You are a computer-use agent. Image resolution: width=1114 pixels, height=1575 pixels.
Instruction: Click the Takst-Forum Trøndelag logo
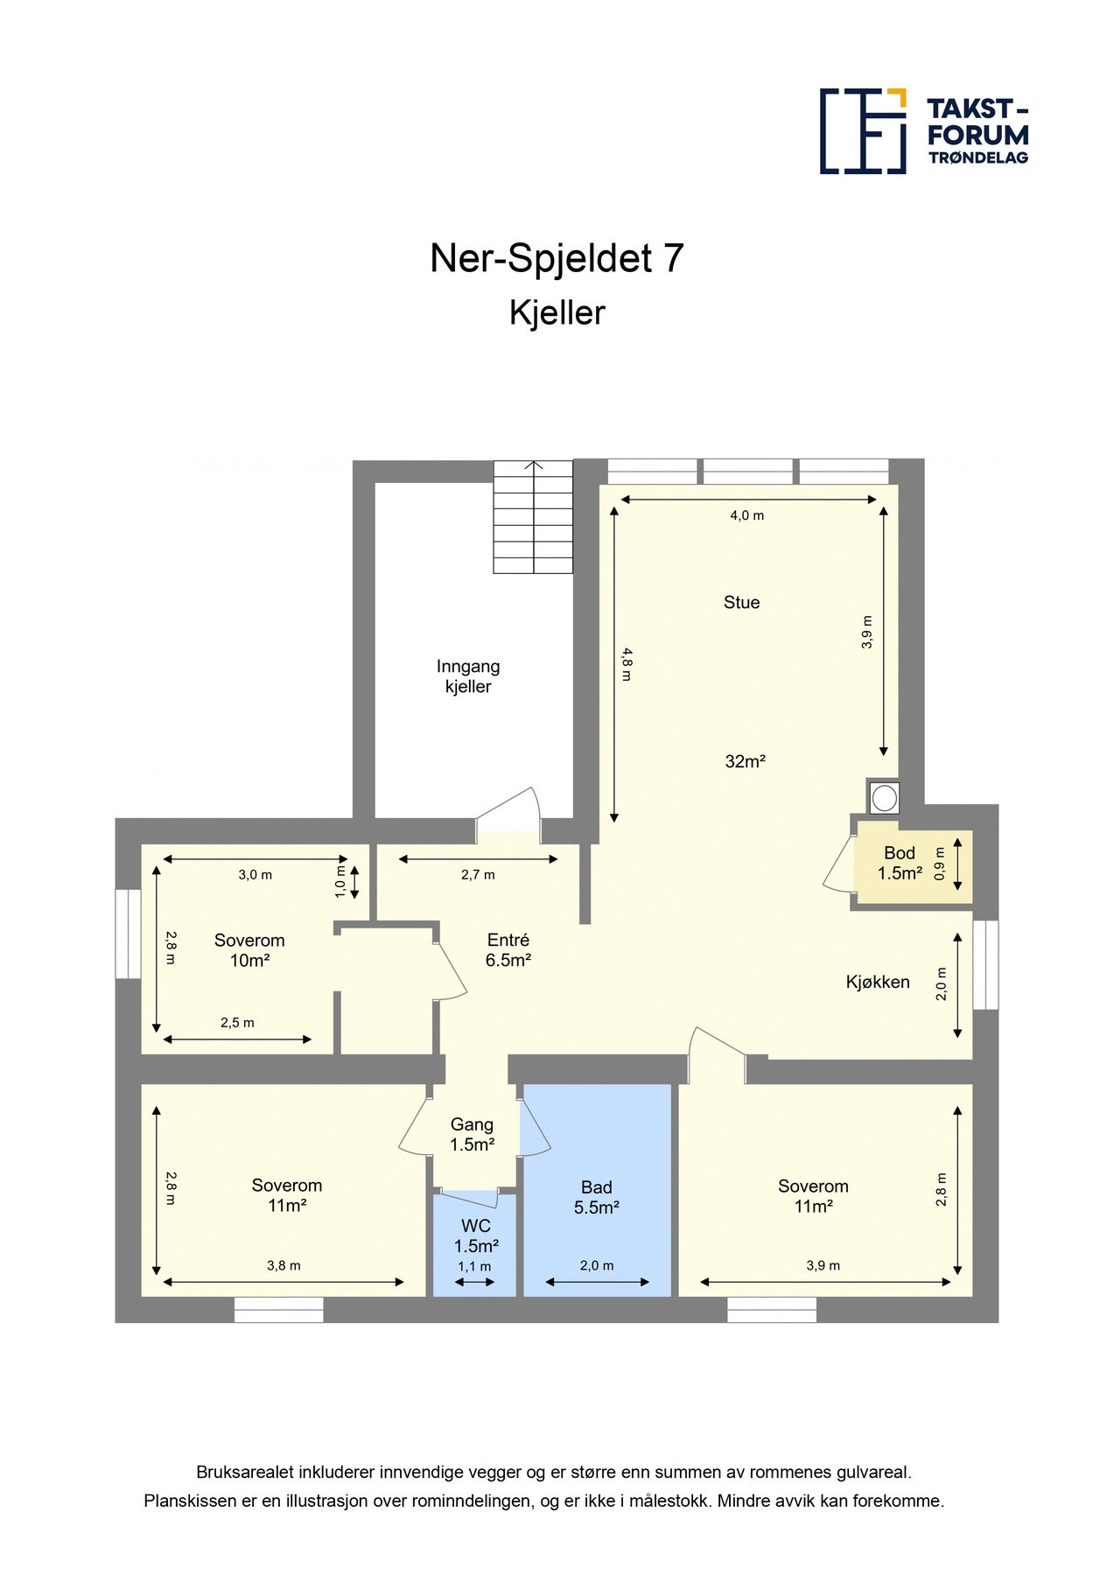point(923,131)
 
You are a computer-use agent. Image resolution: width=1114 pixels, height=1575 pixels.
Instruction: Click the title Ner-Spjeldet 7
point(557,258)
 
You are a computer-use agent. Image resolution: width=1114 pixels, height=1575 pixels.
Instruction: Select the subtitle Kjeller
point(557,313)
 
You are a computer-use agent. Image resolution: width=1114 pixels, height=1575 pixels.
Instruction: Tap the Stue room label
point(741,602)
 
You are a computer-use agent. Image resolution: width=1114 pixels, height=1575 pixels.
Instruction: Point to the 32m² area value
point(745,761)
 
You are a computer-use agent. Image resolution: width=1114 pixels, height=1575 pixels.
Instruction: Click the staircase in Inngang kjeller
point(532,517)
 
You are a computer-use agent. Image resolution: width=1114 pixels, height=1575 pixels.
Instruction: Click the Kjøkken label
point(877,982)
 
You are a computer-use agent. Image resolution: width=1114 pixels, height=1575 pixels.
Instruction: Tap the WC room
point(475,1236)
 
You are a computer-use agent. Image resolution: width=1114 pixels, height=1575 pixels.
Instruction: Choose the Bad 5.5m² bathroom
point(597,1197)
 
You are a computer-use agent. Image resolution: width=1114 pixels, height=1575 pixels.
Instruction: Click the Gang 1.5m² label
point(472,1135)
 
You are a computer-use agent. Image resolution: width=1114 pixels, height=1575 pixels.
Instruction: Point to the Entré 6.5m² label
point(508,949)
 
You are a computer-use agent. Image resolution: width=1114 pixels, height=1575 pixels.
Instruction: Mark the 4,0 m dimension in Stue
point(746,515)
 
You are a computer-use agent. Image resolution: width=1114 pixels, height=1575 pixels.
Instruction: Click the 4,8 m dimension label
point(626,663)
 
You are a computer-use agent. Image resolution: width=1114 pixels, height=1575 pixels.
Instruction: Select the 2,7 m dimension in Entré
point(478,874)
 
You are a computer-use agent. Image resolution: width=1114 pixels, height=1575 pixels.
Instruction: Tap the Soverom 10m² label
point(249,950)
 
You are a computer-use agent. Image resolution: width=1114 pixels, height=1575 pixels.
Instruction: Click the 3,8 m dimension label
point(284,1265)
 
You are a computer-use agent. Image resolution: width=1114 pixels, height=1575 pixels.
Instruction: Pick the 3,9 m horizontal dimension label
point(823,1265)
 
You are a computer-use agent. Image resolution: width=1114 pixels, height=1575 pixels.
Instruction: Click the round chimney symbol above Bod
point(884,797)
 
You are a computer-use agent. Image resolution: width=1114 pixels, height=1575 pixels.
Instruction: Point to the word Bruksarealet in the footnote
point(244,1473)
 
